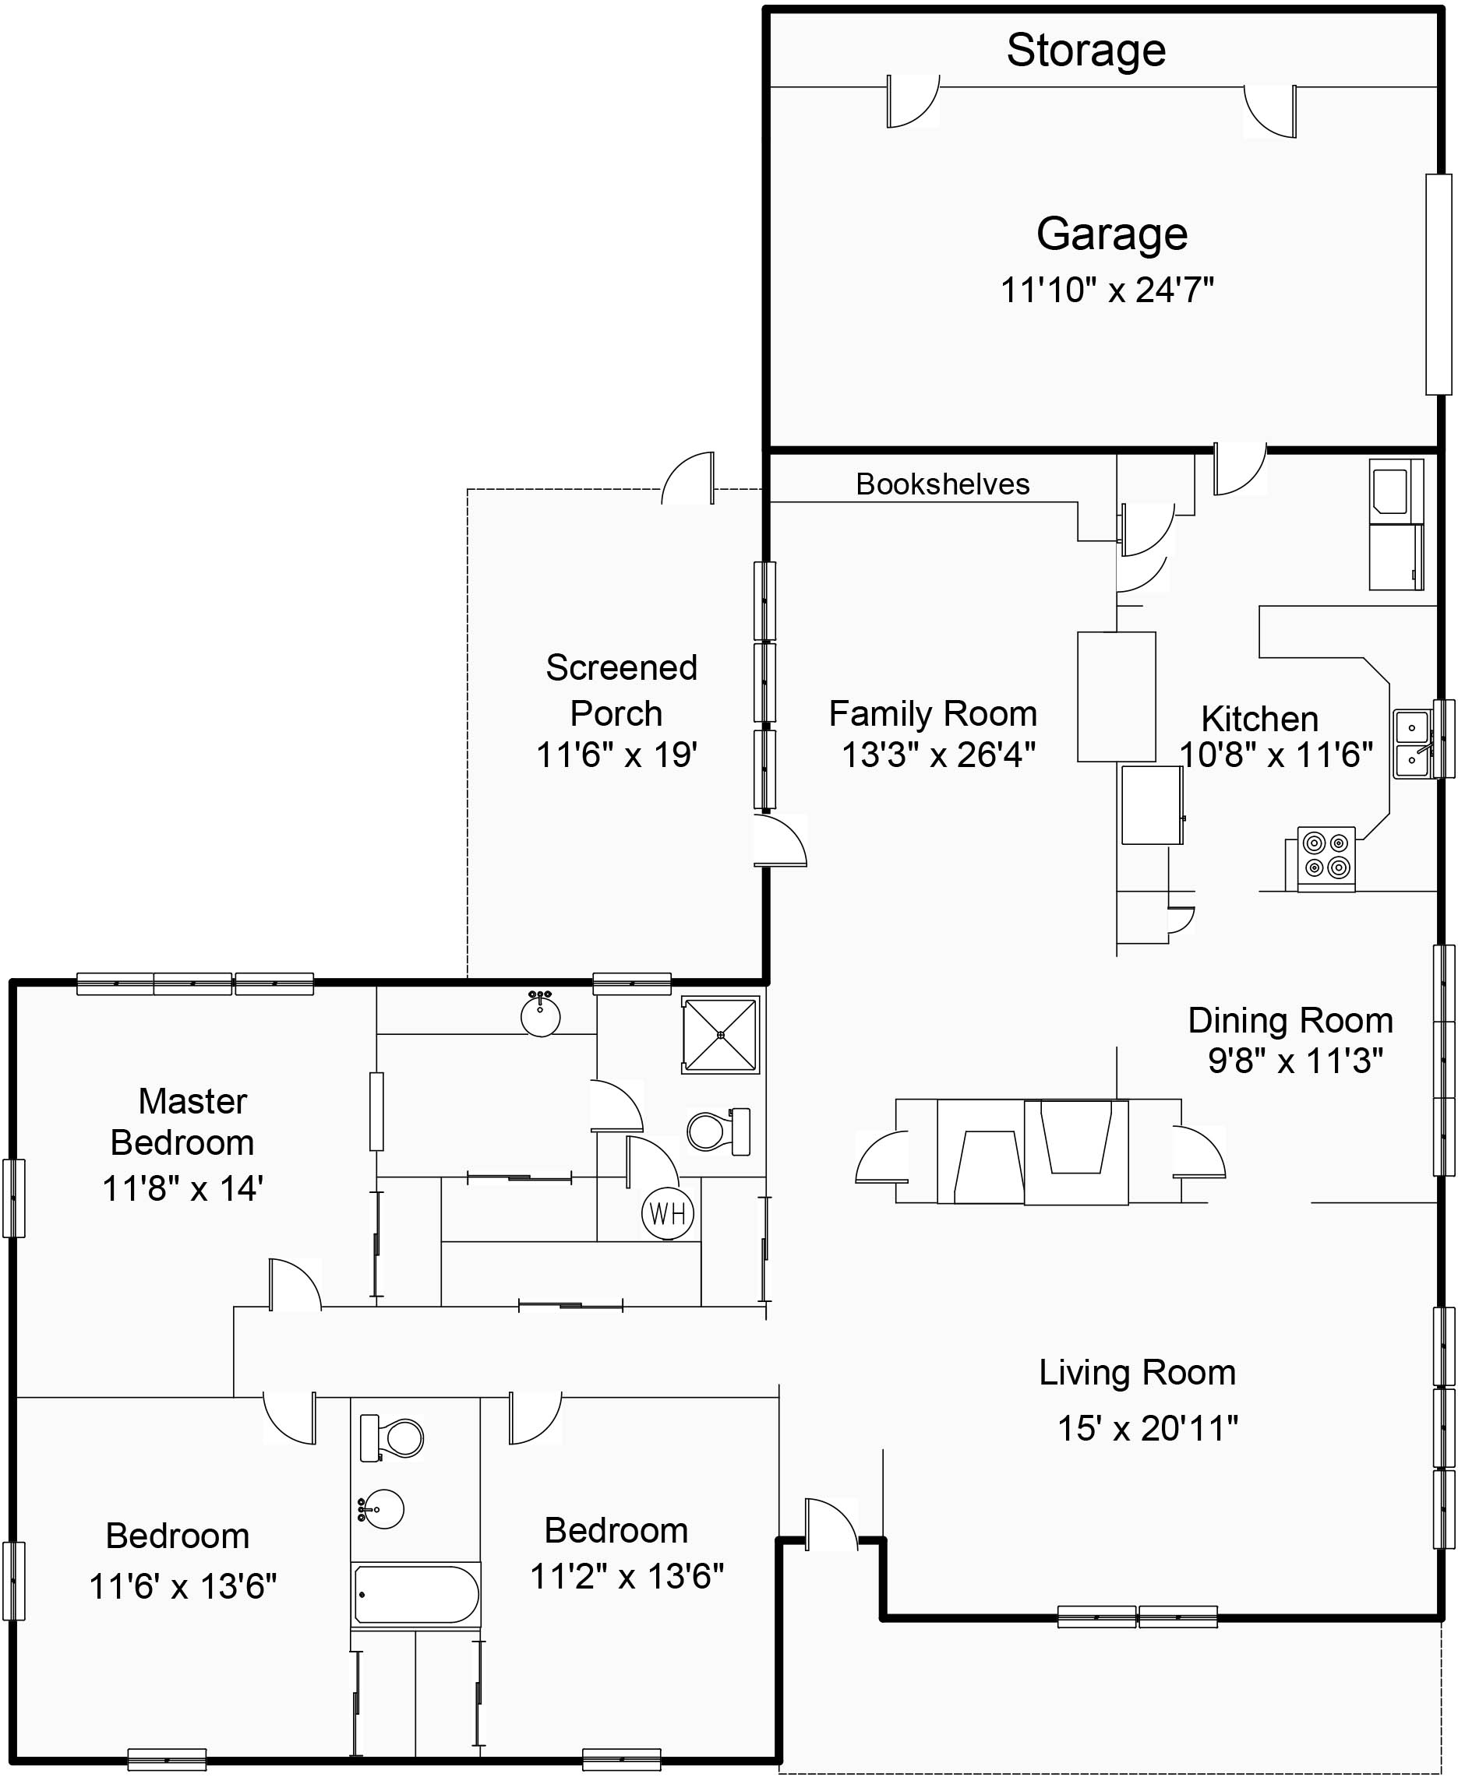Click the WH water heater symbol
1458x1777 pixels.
pyautogui.click(x=668, y=1213)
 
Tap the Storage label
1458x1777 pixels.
pyautogui.click(x=1086, y=51)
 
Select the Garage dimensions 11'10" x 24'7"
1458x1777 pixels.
pyautogui.click(x=1107, y=290)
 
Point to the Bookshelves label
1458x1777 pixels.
pyautogui.click(x=942, y=484)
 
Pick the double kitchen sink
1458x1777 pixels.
pyautogui.click(x=1413, y=744)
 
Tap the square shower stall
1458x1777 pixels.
pyautogui.click(x=721, y=1035)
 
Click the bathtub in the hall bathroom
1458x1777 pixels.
pyautogui.click(x=415, y=1595)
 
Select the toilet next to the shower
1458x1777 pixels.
pyautogui.click(x=718, y=1131)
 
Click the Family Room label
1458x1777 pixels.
pyautogui.click(x=932, y=714)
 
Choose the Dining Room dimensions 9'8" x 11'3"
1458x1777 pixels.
pyautogui.click(x=1295, y=1061)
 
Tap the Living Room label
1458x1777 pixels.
pyautogui.click(x=1137, y=1374)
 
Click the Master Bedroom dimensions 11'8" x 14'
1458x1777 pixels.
pyautogui.click(x=183, y=1188)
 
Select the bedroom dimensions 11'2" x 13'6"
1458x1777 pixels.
pyautogui.click(x=627, y=1576)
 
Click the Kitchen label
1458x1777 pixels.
pyautogui.click(x=1259, y=720)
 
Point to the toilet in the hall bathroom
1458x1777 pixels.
pyautogui.click(x=393, y=1438)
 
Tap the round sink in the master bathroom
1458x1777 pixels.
pyautogui.click(x=540, y=1015)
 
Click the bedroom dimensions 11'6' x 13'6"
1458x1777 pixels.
pyautogui.click(x=183, y=1586)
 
